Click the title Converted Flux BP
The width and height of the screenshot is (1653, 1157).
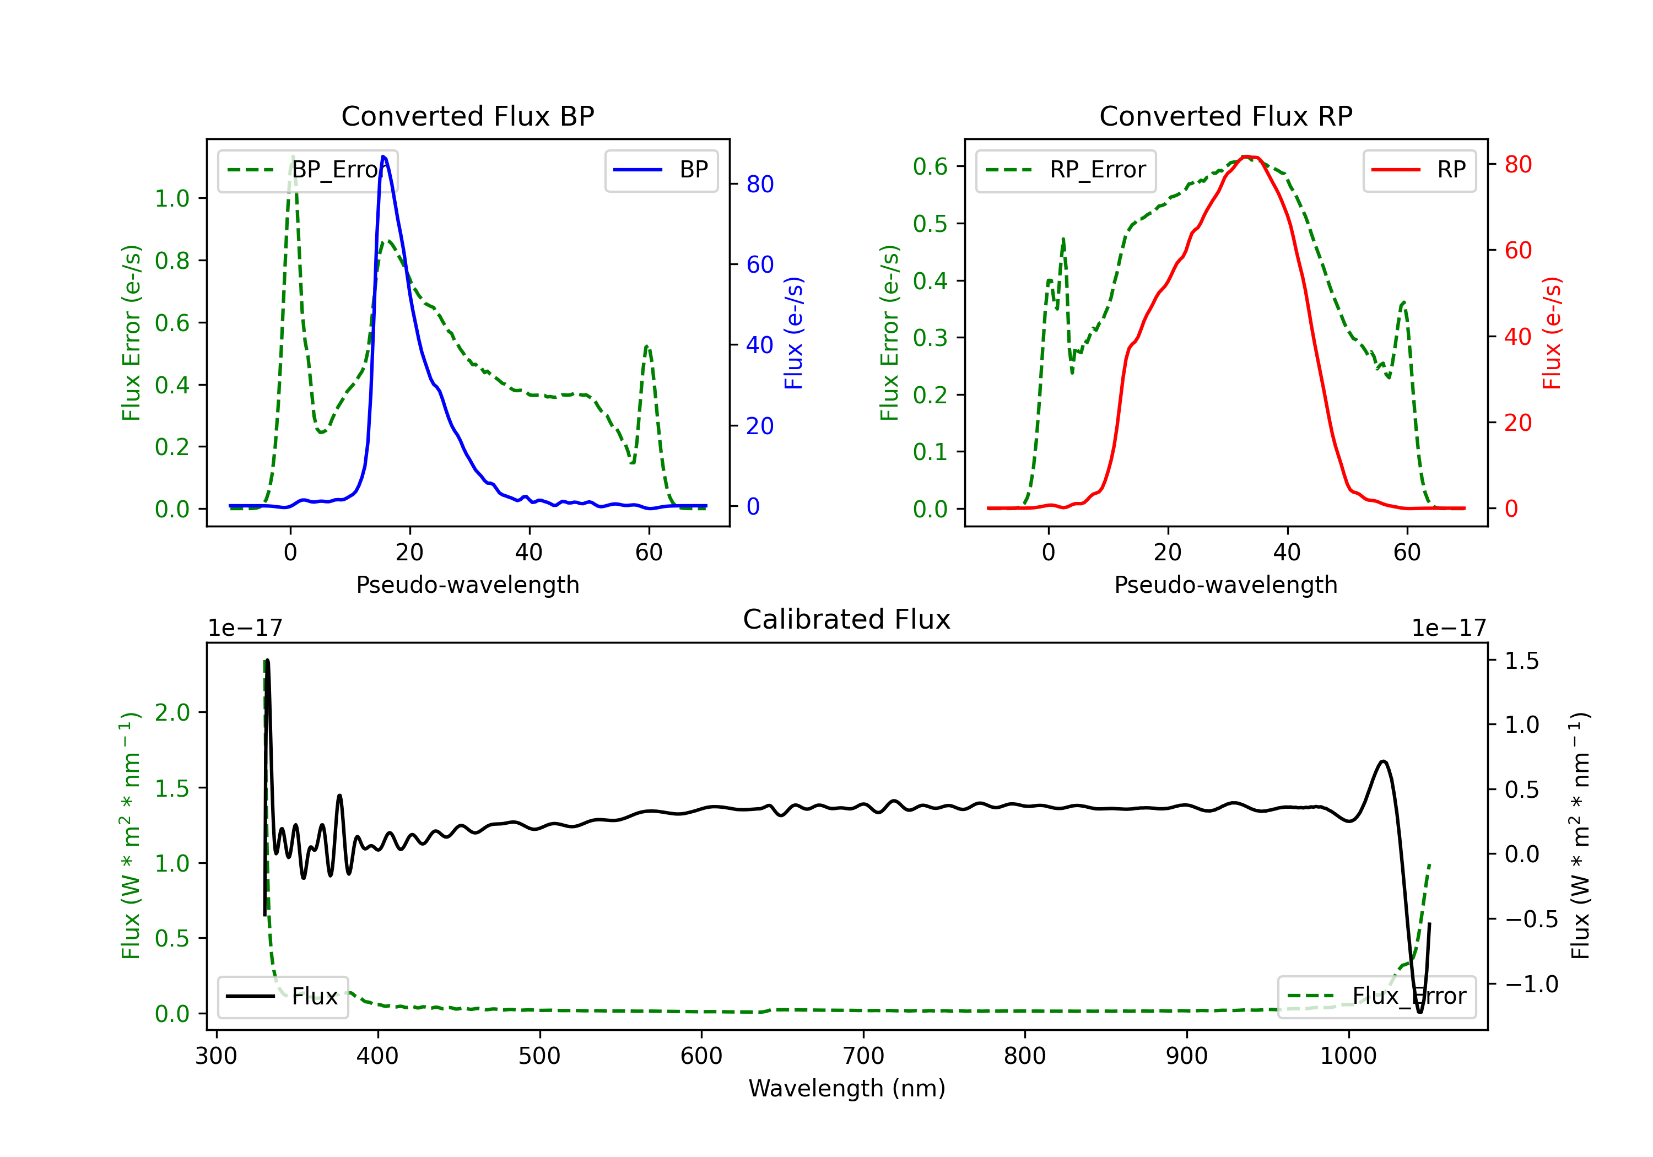pos(467,116)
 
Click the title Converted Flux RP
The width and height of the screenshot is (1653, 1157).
pos(1225,116)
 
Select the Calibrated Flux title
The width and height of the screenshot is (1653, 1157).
pos(847,619)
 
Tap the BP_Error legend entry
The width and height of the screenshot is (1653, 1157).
pos(307,170)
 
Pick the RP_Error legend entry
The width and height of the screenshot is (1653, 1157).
pos(1066,170)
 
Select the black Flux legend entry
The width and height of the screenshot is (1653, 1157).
pos(283,997)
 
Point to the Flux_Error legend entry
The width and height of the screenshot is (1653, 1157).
pos(1376,997)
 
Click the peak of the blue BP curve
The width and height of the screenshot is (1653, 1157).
pos(383,156)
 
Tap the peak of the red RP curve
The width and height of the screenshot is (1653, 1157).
pos(1247,156)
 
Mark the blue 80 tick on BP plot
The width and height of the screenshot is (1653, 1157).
pos(759,185)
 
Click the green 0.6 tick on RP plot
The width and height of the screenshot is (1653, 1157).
pos(930,166)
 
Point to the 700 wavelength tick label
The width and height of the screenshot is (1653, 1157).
pos(863,1056)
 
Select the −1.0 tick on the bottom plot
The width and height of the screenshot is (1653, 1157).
pos(1531,984)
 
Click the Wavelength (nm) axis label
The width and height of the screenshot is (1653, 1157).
pos(847,1088)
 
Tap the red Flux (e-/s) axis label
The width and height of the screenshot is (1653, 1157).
pos(1552,333)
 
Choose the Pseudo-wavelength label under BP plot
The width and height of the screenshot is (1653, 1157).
pos(468,585)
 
